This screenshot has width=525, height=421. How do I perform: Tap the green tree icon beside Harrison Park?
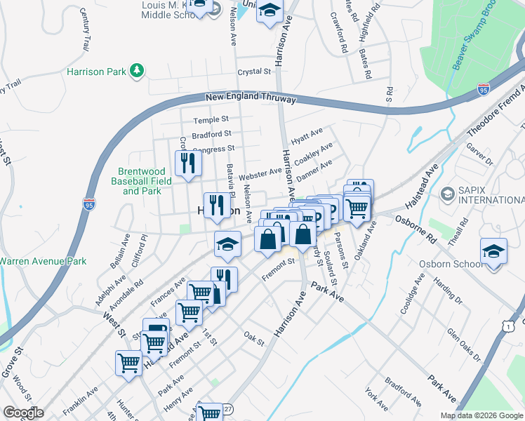click(138, 70)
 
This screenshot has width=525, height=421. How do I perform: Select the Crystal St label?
click(254, 72)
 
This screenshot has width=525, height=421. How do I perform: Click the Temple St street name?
click(211, 120)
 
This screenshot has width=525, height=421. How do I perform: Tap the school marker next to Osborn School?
click(493, 251)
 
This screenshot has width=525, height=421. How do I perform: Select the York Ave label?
click(376, 398)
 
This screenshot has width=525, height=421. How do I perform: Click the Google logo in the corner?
click(23, 413)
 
